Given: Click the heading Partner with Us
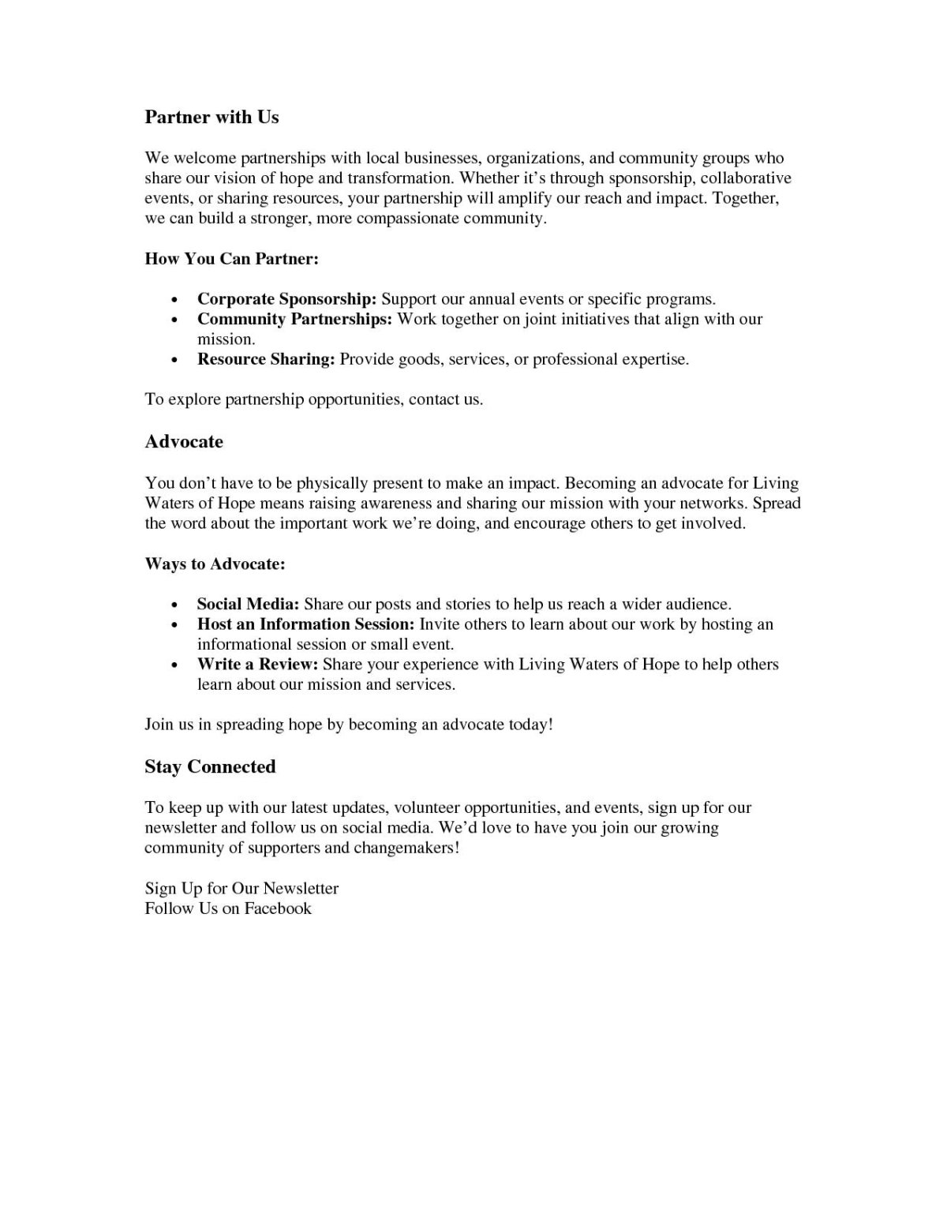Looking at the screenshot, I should tap(211, 117).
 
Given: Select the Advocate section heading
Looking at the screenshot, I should tap(184, 441).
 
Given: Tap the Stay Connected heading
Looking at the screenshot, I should tap(210, 766).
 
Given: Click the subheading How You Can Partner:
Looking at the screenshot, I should tap(231, 259).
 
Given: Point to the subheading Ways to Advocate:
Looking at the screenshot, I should tap(215, 564).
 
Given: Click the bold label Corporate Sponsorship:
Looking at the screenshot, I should tap(287, 299).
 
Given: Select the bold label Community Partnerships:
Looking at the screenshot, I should tap(294, 319).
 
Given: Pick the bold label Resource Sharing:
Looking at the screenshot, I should tap(267, 359).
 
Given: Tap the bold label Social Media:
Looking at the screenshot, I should tap(248, 605).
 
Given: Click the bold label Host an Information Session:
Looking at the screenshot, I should tap(305, 624).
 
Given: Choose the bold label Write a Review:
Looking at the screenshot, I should tap(257, 665).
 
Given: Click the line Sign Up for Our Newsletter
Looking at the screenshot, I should tap(241, 888).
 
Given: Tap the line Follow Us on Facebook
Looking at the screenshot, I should tap(228, 908).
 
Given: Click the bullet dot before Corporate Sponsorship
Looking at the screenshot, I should tap(174, 300).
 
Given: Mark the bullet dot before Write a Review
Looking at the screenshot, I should tap(174, 665).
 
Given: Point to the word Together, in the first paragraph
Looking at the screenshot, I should tap(746, 198).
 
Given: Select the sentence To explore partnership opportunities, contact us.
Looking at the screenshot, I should tap(313, 399).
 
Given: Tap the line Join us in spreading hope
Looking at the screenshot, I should tap(349, 724).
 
